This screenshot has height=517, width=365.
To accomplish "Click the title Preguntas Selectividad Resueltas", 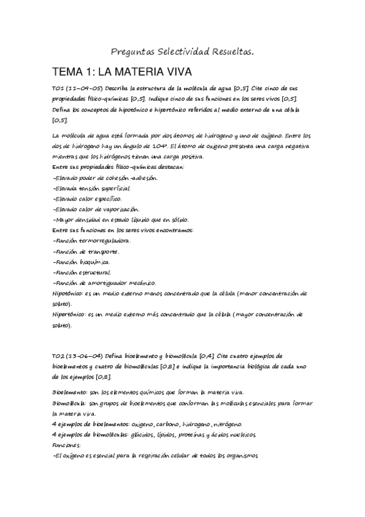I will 183,53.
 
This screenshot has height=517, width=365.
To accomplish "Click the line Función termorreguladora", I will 92,240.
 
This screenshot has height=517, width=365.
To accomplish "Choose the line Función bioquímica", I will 82,262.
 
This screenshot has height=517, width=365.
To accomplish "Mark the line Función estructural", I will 82,272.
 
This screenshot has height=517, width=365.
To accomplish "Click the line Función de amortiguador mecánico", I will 104,282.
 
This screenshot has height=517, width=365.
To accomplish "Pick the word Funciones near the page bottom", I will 68,445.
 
